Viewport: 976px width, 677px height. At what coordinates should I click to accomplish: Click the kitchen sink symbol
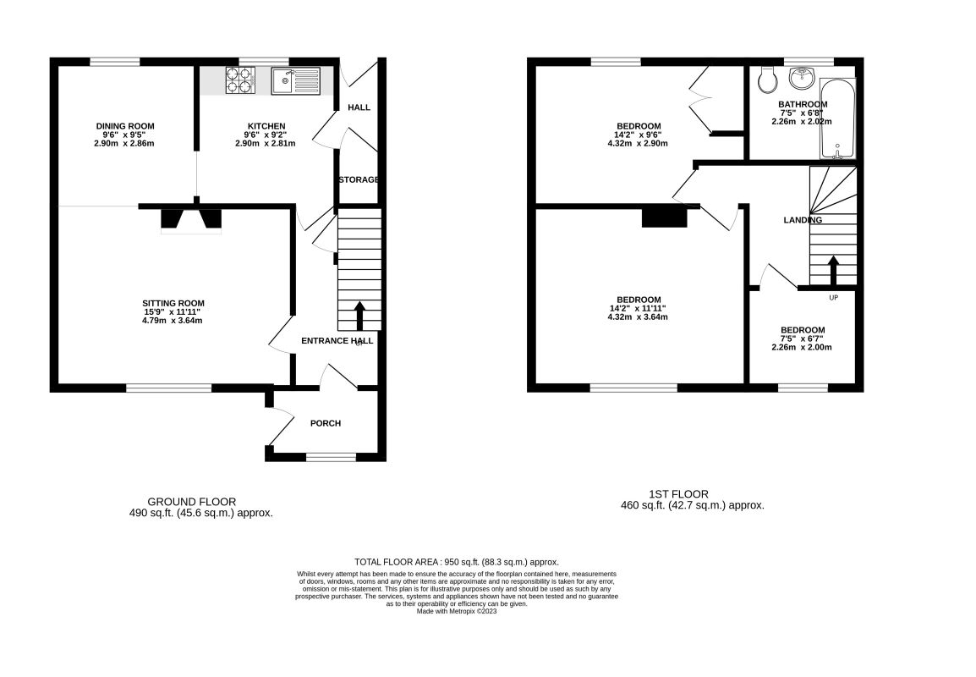click(296, 81)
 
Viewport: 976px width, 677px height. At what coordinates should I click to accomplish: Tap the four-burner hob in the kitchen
click(239, 80)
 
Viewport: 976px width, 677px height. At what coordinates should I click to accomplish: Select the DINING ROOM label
click(124, 126)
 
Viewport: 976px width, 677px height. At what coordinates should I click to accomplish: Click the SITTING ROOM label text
click(173, 303)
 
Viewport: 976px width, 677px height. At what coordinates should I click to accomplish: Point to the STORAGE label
click(359, 180)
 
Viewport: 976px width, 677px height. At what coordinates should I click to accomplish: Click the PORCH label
click(326, 423)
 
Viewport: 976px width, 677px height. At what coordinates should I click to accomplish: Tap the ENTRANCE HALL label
click(337, 341)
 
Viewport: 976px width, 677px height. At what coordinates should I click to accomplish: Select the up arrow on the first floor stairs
click(833, 272)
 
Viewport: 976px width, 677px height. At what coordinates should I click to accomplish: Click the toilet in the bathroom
click(768, 80)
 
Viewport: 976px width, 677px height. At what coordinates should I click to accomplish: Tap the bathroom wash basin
click(801, 79)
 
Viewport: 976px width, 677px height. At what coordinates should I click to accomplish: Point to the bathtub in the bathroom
click(837, 118)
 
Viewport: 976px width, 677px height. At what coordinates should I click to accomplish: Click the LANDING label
click(802, 220)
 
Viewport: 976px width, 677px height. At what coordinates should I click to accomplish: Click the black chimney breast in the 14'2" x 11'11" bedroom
click(664, 217)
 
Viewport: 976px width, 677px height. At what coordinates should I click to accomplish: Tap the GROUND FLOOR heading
click(192, 502)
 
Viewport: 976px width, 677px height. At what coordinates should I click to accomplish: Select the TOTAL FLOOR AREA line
click(457, 562)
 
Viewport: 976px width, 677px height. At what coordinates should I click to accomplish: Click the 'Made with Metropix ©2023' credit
click(457, 611)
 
